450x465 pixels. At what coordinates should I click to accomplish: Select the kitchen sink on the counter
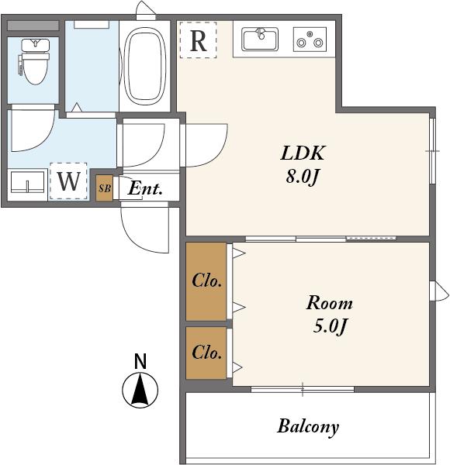pos(260,40)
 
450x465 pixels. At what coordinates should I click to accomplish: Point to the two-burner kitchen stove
pos(310,40)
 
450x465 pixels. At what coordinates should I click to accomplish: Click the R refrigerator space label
pos(198,40)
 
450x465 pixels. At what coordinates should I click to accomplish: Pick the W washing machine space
pos(68,181)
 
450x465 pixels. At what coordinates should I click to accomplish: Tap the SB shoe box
pos(105,188)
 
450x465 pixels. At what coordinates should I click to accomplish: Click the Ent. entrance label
pos(145,188)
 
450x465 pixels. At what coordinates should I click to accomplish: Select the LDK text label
pos(303,153)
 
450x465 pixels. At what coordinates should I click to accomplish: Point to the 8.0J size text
pos(302,177)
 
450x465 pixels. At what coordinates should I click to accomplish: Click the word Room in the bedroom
pos(330,303)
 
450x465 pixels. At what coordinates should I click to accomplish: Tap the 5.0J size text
pos(330,326)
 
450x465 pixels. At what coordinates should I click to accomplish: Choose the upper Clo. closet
pos(206,281)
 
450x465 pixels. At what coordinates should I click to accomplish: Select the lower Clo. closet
pos(206,353)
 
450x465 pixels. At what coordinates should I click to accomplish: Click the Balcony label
pos(308,427)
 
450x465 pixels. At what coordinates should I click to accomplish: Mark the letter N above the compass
pos(140,361)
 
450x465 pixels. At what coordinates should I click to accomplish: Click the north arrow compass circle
pos(140,390)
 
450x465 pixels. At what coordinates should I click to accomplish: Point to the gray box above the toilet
pos(33,26)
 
